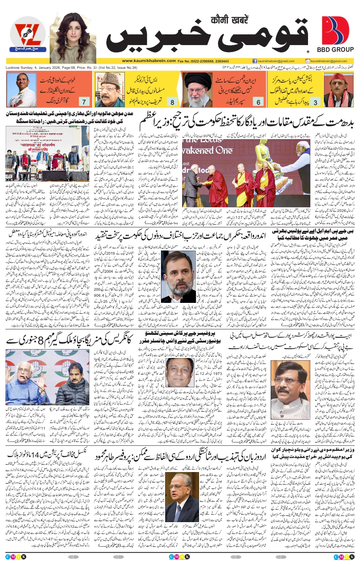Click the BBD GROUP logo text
click(x=335, y=50)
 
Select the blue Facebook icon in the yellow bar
click(x=255, y=61)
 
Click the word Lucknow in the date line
click(x=13, y=68)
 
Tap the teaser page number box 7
click(x=84, y=102)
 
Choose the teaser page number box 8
click(x=172, y=102)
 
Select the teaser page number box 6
click(x=259, y=102)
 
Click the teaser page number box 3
click(x=315, y=102)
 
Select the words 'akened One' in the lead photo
click(x=208, y=150)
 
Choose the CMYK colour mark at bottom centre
click(x=179, y=556)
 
